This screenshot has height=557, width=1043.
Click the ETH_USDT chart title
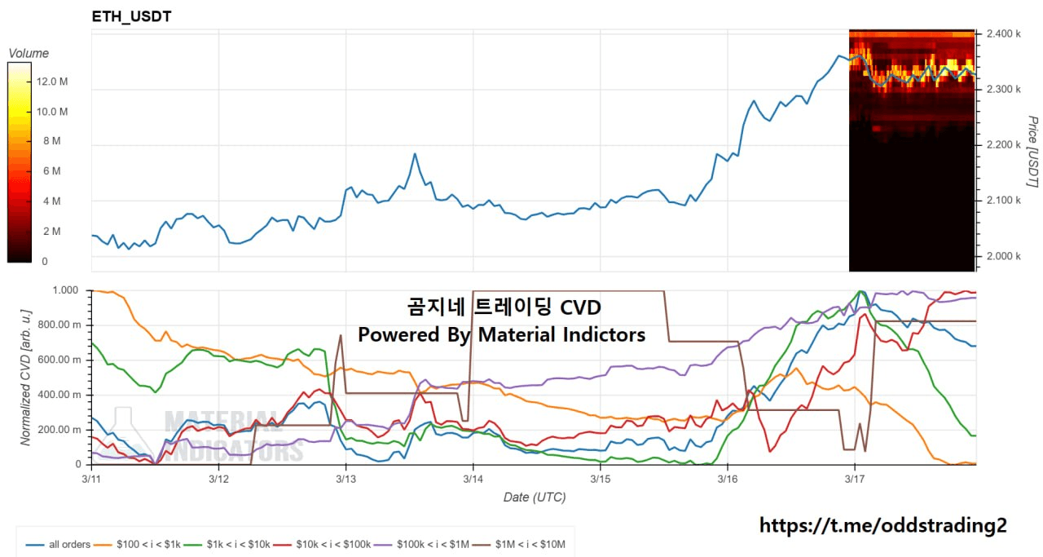[131, 16]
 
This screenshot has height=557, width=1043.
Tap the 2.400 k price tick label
[1004, 34]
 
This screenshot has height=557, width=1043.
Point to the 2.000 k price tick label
[1004, 256]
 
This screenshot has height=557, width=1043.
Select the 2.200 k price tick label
[1004, 145]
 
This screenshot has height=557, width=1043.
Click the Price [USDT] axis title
[1032, 152]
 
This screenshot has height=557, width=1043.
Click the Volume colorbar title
[29, 53]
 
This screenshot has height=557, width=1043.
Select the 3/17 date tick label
[855, 478]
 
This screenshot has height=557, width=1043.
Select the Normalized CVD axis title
[26, 377]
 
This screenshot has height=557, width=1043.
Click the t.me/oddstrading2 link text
[882, 526]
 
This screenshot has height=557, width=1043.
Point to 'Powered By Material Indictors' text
[501, 334]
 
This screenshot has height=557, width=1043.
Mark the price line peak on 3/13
[415, 153]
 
